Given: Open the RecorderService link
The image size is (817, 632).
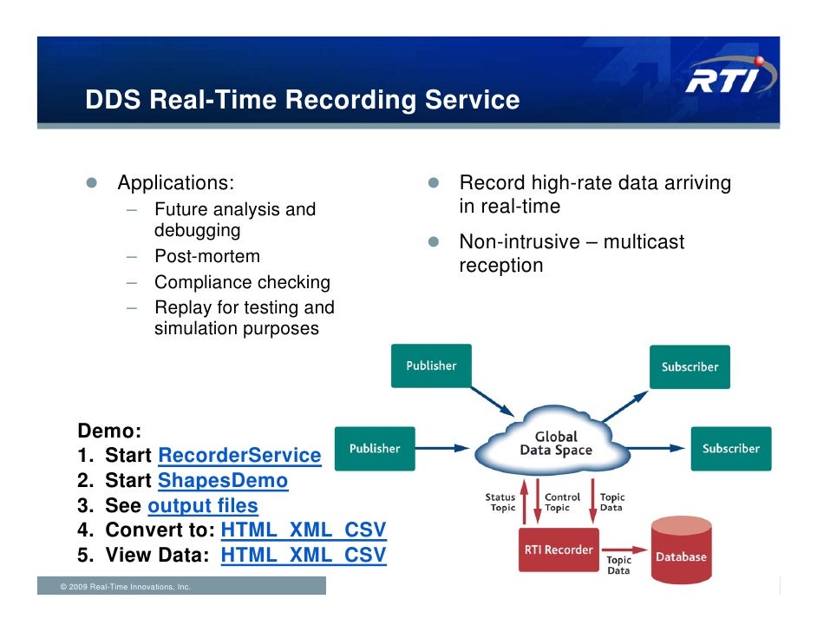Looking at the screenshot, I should [239, 456].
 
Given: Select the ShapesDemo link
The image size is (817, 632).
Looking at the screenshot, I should [223, 481].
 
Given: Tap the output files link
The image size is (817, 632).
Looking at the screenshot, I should [203, 506].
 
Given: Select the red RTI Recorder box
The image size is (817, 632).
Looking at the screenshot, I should [559, 550].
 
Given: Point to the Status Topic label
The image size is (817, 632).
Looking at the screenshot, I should [502, 503].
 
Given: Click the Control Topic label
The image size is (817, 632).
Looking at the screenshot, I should [562, 503].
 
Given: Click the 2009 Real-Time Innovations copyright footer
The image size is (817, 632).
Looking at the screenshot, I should [125, 588].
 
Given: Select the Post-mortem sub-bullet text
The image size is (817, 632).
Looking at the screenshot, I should [206, 257].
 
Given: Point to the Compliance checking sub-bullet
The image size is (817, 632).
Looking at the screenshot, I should [242, 282].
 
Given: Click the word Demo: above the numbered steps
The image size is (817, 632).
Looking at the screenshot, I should [109, 431].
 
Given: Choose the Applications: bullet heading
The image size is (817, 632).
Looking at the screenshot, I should [176, 183].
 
